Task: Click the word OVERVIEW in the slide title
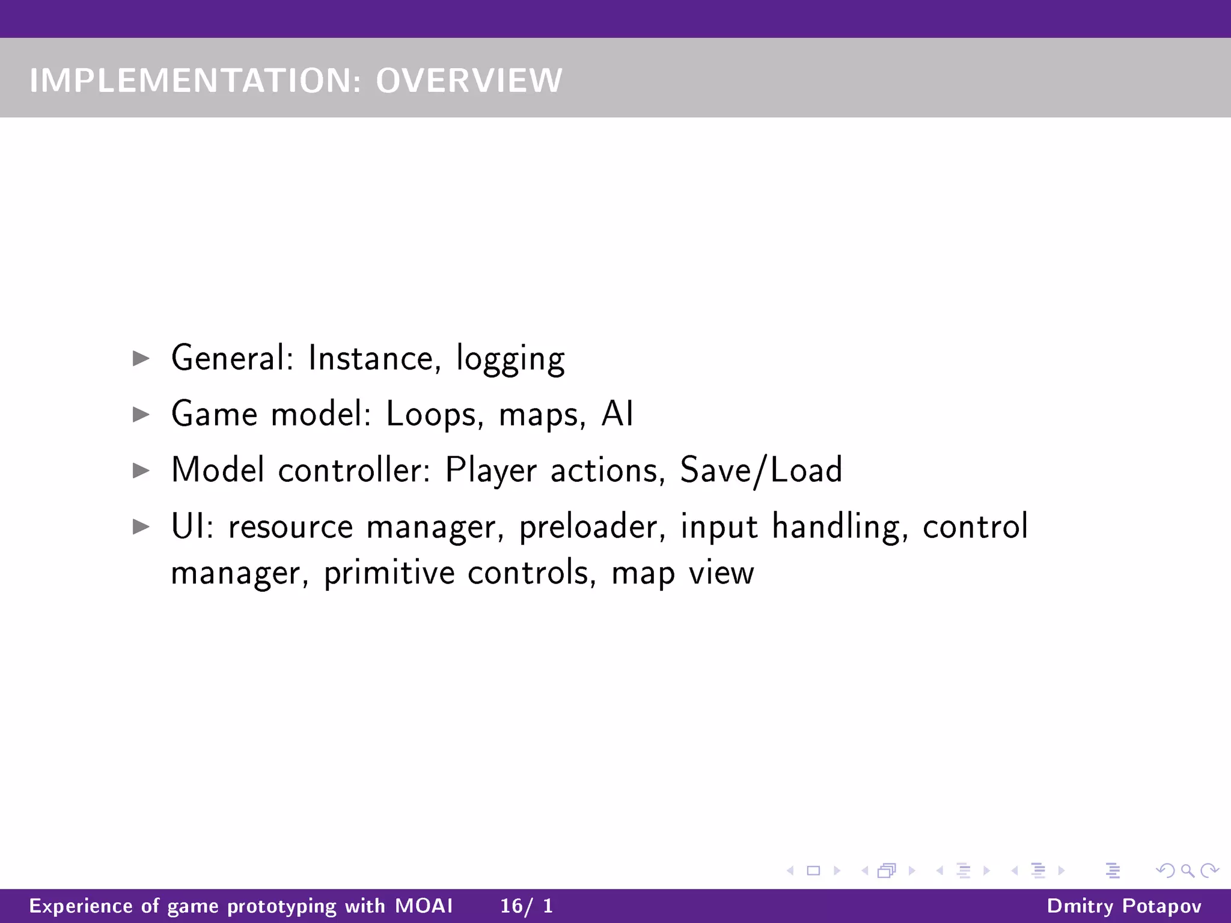pos(469,81)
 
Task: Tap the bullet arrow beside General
pos(141,359)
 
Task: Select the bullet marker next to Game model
pos(141,414)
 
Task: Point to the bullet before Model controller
pos(141,470)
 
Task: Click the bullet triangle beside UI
pos(141,526)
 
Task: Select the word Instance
pos(370,359)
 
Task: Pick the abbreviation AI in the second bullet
pos(617,414)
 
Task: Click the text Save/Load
pos(761,471)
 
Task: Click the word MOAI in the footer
pos(424,906)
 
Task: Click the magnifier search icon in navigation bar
pos(1187,870)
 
